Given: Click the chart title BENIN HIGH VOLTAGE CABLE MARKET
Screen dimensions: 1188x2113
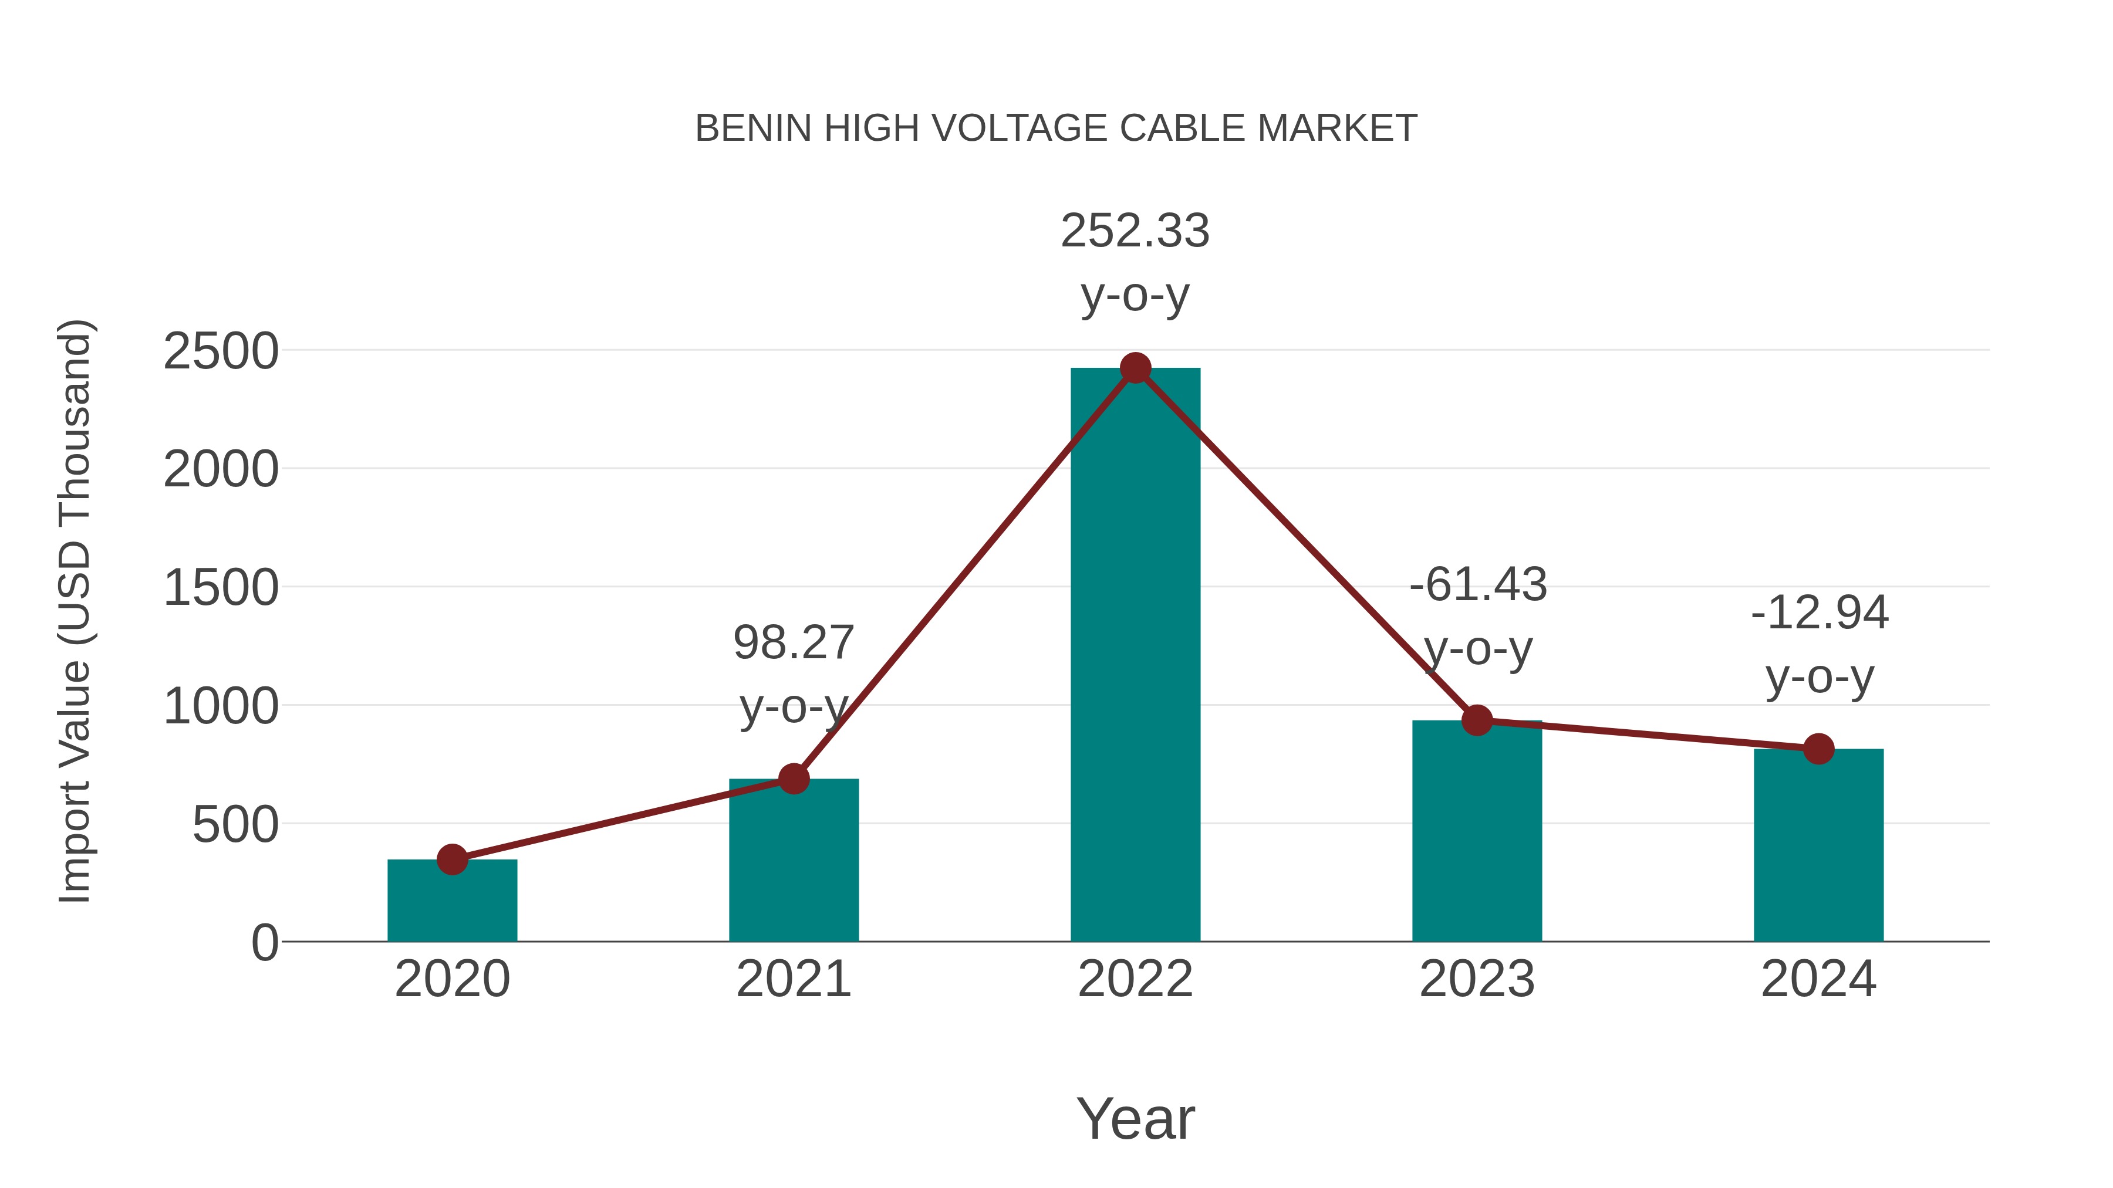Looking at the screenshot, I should click(1056, 128).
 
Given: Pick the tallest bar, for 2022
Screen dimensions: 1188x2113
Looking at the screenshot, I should click(1135, 656).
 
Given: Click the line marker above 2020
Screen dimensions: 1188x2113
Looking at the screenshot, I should click(452, 859).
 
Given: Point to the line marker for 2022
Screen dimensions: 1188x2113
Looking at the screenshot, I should click(1135, 368).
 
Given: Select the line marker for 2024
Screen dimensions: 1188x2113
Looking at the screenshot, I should click(1818, 749).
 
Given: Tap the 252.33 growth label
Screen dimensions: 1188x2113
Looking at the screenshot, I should click(1135, 231).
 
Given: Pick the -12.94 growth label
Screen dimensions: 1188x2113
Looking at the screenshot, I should click(1820, 613).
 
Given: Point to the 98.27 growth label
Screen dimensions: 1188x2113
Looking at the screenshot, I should click(793, 643).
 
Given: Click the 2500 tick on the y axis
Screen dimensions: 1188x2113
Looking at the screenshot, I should click(221, 352).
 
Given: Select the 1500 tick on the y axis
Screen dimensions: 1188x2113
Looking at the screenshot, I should click(221, 588).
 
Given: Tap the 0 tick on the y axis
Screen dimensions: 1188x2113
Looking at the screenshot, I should click(264, 943).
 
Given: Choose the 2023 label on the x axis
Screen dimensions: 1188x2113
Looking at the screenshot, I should click(1477, 979).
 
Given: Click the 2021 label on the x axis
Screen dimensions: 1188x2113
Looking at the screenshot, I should click(793, 979).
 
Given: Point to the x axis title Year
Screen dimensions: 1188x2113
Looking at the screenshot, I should click(1135, 1118).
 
